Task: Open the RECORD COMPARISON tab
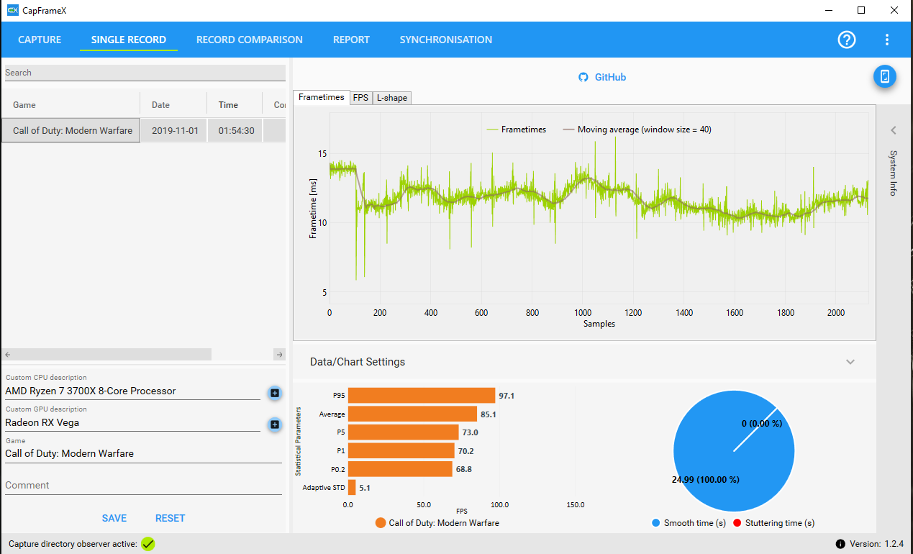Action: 250,40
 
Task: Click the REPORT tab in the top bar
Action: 351,40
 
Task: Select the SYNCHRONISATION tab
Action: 445,40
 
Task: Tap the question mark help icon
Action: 846,40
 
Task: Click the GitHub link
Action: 602,77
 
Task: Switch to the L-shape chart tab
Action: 391,98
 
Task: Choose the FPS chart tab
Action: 360,98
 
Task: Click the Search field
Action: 145,73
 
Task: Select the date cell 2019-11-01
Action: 175,130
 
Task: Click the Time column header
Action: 228,105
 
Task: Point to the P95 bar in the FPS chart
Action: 422,396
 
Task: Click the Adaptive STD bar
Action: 352,488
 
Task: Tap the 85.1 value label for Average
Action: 489,414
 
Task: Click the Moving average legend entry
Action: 637,130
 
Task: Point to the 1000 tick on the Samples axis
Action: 583,313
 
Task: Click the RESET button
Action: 170,518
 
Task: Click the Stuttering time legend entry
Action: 773,523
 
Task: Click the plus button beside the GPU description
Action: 275,424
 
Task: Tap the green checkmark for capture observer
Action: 148,544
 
